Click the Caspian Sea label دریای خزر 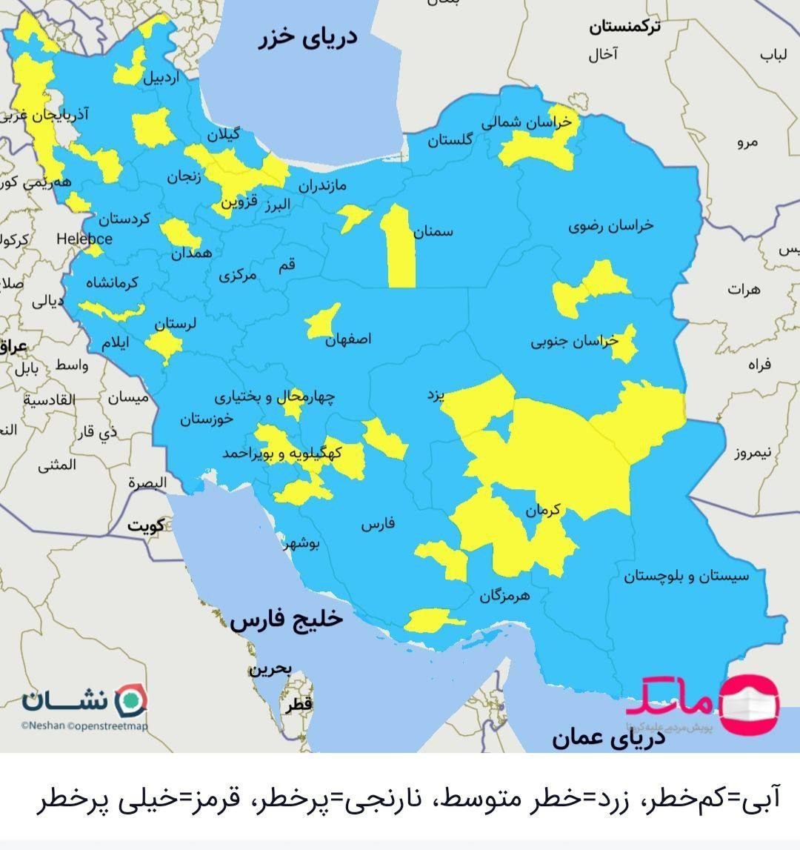click(x=307, y=37)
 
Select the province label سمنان click(x=433, y=232)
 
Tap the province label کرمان click(x=544, y=510)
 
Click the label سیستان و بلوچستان click(x=686, y=576)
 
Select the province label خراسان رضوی click(x=611, y=225)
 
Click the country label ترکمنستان click(x=625, y=27)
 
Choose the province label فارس click(x=378, y=525)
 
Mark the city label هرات click(x=744, y=290)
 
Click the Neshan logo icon click(x=133, y=699)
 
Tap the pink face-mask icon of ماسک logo click(x=750, y=704)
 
